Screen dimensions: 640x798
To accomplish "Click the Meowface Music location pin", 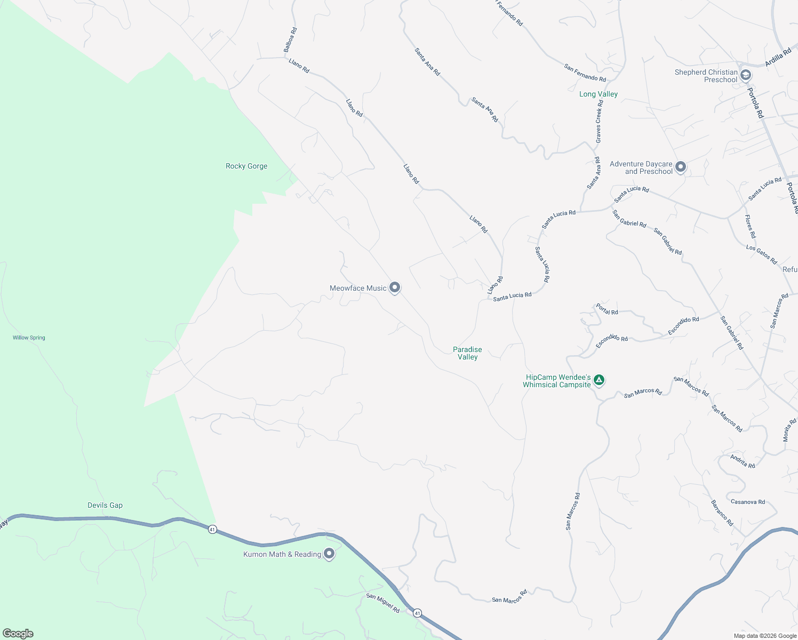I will pos(395,287).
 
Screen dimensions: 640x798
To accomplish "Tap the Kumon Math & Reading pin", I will pos(329,554).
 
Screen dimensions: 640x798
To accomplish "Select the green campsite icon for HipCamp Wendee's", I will pos(599,380).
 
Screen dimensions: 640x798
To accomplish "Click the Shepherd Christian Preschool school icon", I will pos(746,75).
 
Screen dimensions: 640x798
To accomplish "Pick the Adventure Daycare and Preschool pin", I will pos(680,167).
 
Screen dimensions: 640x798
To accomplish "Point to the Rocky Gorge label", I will pos(246,166).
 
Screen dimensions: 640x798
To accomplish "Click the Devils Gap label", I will pos(105,505).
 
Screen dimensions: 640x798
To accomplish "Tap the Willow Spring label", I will pos(29,338).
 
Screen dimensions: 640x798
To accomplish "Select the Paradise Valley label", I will pos(467,353).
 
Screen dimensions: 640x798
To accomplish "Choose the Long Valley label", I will pos(598,94).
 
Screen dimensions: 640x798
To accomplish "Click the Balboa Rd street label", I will pos(290,40).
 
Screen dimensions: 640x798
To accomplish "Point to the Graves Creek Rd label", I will pos(599,121).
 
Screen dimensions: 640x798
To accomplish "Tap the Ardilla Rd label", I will pos(778,58).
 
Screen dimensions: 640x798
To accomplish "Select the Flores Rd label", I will pos(751,227).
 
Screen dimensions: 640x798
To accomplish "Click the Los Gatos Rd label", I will pos(761,254).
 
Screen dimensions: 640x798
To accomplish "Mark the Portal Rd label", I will pos(607,309).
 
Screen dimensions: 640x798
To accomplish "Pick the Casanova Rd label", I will pos(747,502).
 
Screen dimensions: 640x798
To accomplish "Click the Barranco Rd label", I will pos(722,513).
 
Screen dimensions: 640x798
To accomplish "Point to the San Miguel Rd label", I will pos(382,603).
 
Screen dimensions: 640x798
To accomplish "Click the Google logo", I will pos(18,634).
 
